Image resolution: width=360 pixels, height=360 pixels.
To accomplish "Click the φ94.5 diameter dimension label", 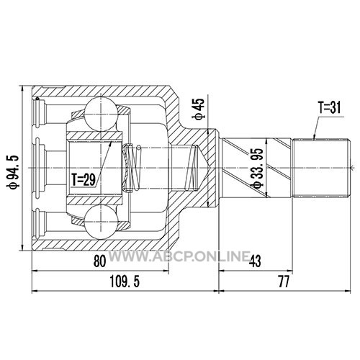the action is (x=13, y=171).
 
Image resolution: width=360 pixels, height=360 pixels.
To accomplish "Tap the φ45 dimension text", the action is (x=199, y=109).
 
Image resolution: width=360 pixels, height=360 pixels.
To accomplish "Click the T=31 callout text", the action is (x=329, y=107).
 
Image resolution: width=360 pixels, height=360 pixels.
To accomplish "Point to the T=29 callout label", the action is (x=84, y=179).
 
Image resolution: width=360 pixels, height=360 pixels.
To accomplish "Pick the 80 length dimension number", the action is (x=99, y=261).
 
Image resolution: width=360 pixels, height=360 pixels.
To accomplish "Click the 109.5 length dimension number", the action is (x=125, y=282).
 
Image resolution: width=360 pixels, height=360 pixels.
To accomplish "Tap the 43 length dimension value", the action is (x=255, y=261).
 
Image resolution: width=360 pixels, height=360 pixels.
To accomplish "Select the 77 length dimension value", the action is (x=284, y=282).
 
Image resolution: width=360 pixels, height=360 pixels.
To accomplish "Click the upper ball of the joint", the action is (x=102, y=114).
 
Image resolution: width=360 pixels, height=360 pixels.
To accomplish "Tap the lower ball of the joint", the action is (x=102, y=222).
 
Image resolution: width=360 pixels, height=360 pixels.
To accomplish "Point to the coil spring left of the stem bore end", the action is (x=192, y=168).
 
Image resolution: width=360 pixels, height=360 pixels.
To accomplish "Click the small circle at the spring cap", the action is (x=138, y=148).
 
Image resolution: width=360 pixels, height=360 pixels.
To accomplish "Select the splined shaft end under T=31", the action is (x=321, y=168).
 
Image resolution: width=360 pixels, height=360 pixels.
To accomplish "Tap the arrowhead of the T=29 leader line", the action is (x=111, y=143).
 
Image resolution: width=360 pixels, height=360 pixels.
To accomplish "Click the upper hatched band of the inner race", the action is (x=94, y=136).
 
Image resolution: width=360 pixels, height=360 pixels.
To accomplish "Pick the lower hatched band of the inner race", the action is (x=94, y=199).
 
